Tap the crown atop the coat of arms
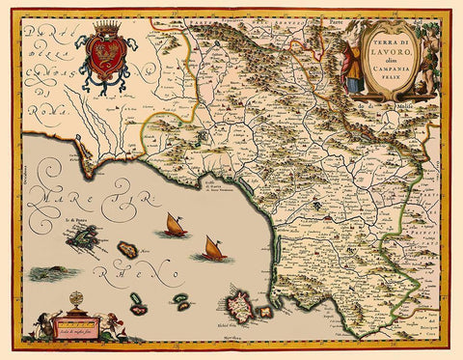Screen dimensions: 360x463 [102, 32]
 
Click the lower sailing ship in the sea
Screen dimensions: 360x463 [212, 249]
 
